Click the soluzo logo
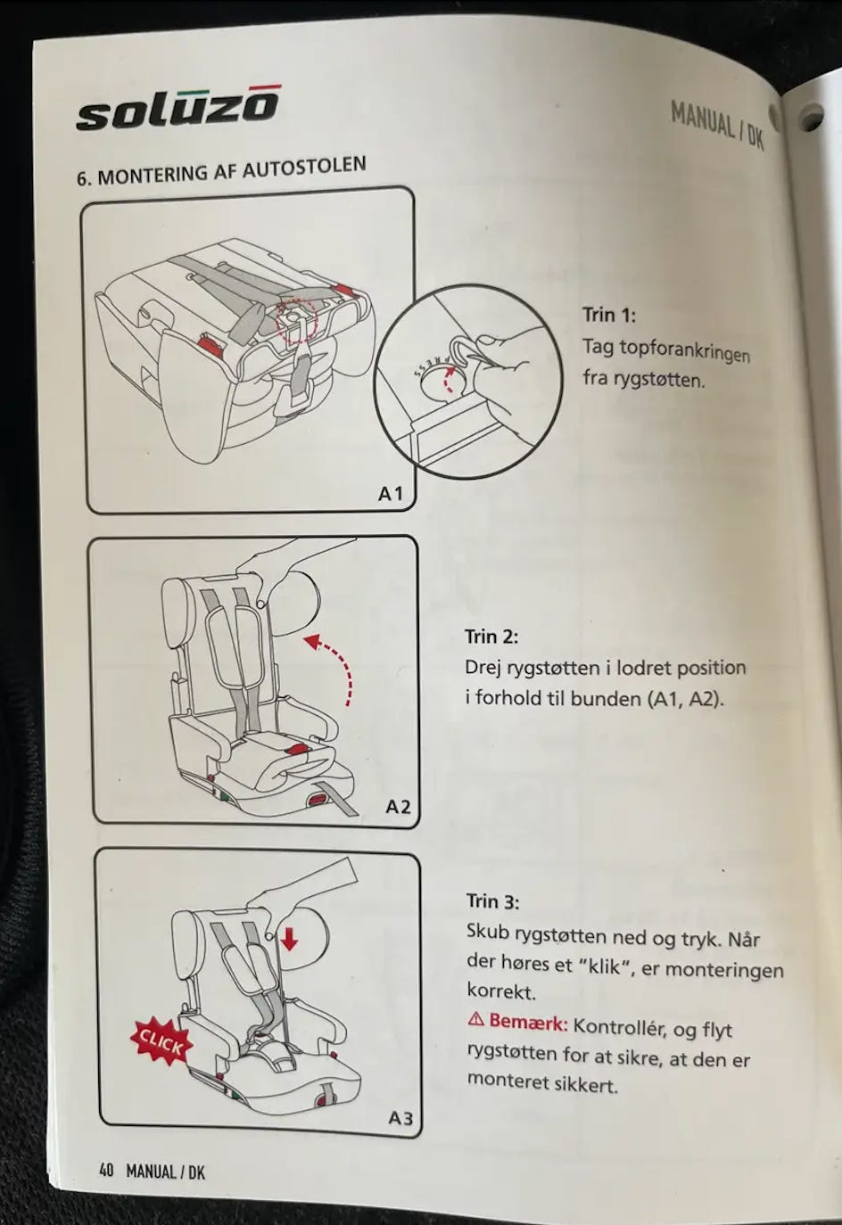[177, 109]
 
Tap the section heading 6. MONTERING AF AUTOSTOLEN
[220, 170]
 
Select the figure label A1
[391, 493]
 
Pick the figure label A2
[398, 806]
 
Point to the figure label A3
[400, 1117]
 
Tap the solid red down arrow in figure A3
[288, 938]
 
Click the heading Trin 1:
[608, 315]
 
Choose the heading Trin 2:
[491, 637]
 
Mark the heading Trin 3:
[492, 900]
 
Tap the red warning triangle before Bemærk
[475, 1019]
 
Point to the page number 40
[106, 1170]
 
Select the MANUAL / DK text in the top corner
[717, 125]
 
